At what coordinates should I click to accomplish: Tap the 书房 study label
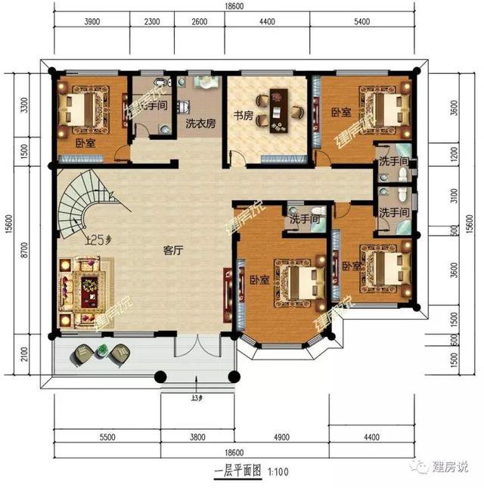point(241,116)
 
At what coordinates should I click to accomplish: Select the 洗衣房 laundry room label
point(200,123)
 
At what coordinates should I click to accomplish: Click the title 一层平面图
point(237,470)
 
